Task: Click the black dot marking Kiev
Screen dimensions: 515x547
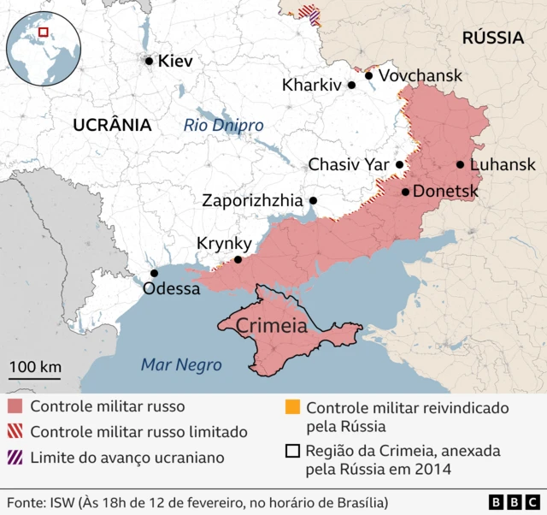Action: (x=150, y=61)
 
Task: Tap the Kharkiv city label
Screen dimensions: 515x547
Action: (x=311, y=85)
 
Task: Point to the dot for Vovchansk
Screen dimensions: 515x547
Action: (x=369, y=75)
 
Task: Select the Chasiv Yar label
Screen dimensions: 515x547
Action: (x=348, y=163)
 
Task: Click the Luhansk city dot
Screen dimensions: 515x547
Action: (x=460, y=164)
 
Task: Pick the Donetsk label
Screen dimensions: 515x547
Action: (x=445, y=192)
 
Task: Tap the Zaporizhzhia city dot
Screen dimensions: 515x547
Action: (x=313, y=200)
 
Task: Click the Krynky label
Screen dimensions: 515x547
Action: (x=224, y=243)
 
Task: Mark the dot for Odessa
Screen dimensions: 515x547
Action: (x=154, y=273)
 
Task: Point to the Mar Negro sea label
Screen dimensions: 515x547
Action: (x=180, y=365)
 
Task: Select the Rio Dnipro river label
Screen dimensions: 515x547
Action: (x=223, y=126)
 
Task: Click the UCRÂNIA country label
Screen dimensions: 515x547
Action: (x=112, y=125)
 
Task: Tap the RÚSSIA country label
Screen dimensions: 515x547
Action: (x=492, y=38)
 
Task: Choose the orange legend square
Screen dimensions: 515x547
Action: (x=292, y=408)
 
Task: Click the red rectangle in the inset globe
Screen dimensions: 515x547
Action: (x=44, y=32)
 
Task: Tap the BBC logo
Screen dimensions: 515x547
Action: (x=514, y=501)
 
